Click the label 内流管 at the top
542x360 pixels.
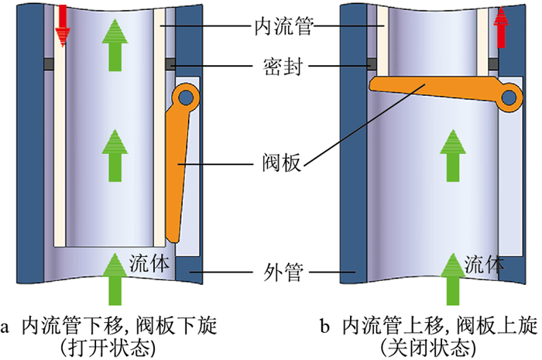click(281, 27)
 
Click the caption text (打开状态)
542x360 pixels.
click(108, 346)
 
